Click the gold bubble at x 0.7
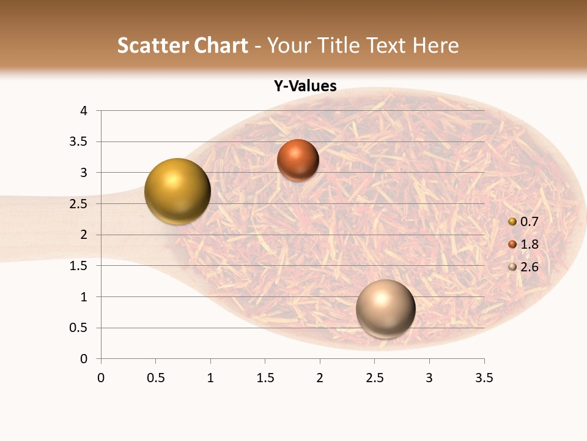pyautogui.click(x=177, y=191)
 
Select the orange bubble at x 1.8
pyautogui.click(x=298, y=160)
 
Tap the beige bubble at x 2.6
pyautogui.click(x=385, y=309)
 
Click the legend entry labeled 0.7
pyautogui.click(x=529, y=222)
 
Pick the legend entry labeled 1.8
pyautogui.click(x=529, y=244)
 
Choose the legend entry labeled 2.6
pyautogui.click(x=529, y=266)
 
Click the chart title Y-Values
pyautogui.click(x=305, y=86)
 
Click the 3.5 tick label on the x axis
pyautogui.click(x=484, y=378)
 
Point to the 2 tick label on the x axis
pyautogui.click(x=320, y=378)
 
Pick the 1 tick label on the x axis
pyautogui.click(x=210, y=378)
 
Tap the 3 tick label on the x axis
pyautogui.click(x=429, y=378)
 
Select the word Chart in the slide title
pyautogui.click(x=221, y=45)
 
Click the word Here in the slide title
pyautogui.click(x=435, y=45)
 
